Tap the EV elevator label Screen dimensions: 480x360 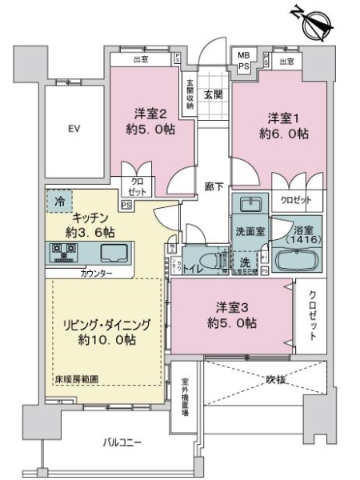pos(74,128)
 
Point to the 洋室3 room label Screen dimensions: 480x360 pos(235,315)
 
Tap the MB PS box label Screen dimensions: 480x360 pos(242,61)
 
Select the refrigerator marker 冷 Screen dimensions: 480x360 pos(58,202)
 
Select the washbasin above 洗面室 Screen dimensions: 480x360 pos(250,204)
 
